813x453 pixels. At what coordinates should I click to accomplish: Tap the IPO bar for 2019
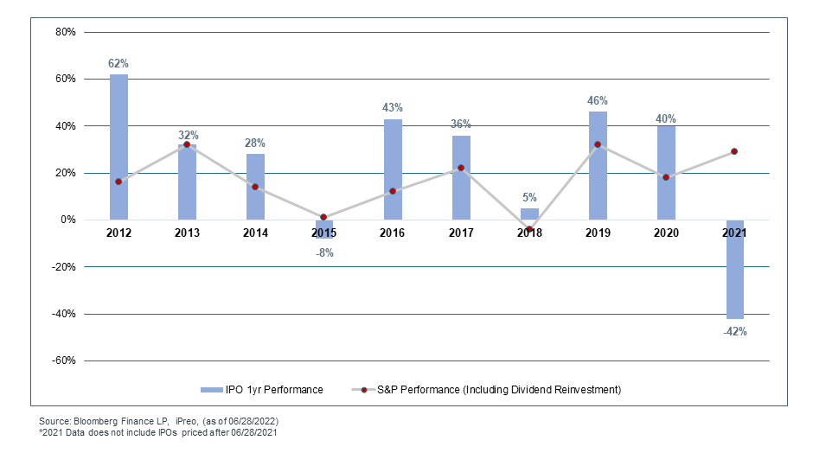click(x=598, y=165)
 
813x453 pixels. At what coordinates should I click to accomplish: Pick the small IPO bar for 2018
click(x=529, y=214)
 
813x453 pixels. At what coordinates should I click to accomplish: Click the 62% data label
click(x=118, y=63)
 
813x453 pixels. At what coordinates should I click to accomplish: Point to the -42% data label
click(x=734, y=331)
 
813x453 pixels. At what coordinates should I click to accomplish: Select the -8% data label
click(x=323, y=253)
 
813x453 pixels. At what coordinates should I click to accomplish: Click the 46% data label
click(x=598, y=100)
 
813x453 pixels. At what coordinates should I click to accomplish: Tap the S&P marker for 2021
click(x=734, y=151)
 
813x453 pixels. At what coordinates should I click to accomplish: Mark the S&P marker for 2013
click(x=187, y=144)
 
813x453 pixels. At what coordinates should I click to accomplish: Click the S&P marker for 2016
click(x=393, y=191)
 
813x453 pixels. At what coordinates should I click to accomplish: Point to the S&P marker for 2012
click(x=118, y=182)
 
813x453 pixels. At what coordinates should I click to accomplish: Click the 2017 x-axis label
click(x=461, y=233)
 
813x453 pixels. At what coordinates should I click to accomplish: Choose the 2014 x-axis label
click(x=255, y=233)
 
